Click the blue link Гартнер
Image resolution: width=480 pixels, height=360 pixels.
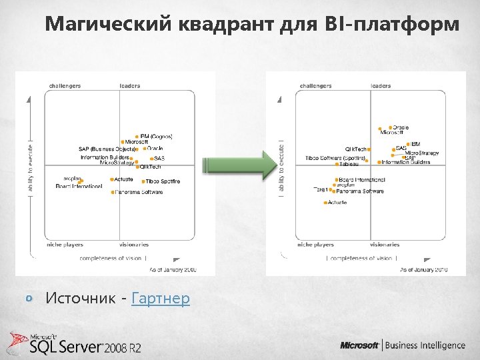click(x=161, y=298)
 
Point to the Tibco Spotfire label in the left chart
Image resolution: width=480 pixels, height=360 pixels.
click(x=163, y=181)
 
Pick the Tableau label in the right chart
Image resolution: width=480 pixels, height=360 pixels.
click(x=349, y=164)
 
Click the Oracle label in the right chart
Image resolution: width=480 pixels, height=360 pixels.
click(x=400, y=127)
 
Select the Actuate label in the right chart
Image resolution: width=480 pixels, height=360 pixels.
click(x=337, y=203)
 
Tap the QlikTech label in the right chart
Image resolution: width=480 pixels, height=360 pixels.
click(x=355, y=149)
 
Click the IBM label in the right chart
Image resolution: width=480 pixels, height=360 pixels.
click(x=415, y=143)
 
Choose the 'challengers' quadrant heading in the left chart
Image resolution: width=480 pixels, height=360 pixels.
click(x=65, y=86)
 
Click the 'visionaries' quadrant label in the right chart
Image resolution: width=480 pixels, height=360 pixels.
click(x=385, y=245)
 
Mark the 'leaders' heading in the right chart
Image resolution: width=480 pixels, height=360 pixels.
click(x=381, y=86)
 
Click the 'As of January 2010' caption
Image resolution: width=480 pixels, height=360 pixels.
click(x=423, y=270)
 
